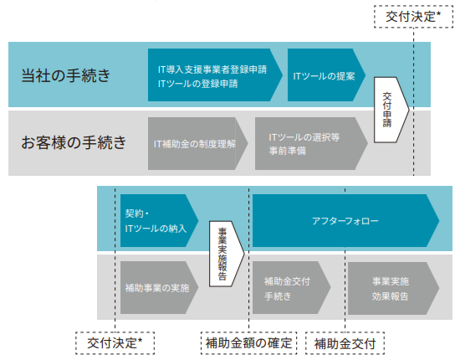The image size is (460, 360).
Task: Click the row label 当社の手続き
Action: click(66, 75)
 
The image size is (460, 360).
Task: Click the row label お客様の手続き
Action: click(74, 142)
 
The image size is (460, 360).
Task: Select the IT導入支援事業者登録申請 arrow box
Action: click(215, 75)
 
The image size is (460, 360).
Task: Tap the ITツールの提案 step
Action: click(326, 75)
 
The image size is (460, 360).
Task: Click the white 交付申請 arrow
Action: click(391, 110)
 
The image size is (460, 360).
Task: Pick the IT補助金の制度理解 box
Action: click(197, 144)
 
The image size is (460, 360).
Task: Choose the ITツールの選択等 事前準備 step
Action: click(311, 144)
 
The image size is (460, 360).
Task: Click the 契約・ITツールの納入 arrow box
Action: click(159, 220)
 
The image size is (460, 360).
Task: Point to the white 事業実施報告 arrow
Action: click(227, 254)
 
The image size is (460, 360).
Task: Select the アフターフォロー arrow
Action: click(345, 220)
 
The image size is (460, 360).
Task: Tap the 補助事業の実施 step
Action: click(159, 287)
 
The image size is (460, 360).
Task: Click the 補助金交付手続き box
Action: click(292, 288)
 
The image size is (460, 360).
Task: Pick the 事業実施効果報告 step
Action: click(393, 288)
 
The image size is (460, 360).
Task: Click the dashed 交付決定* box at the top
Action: click(414, 17)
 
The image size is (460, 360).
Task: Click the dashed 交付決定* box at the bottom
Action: click(115, 343)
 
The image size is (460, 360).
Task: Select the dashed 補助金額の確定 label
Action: click(248, 343)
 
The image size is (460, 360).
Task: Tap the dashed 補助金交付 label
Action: click(345, 343)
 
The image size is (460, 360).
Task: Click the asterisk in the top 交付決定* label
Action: click(438, 13)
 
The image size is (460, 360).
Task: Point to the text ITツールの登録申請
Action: click(197, 84)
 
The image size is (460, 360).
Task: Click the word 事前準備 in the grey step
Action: click(288, 151)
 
